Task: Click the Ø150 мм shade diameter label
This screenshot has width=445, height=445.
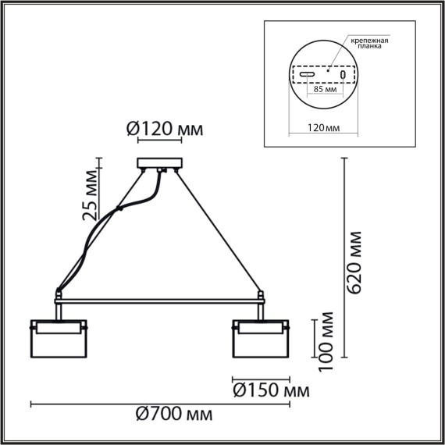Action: point(270,389)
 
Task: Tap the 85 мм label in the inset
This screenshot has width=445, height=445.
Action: point(323,90)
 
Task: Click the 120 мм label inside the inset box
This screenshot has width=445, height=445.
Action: point(323,126)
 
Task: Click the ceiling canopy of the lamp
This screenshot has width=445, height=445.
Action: point(159,164)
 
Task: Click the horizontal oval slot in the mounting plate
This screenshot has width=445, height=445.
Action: point(308,75)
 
